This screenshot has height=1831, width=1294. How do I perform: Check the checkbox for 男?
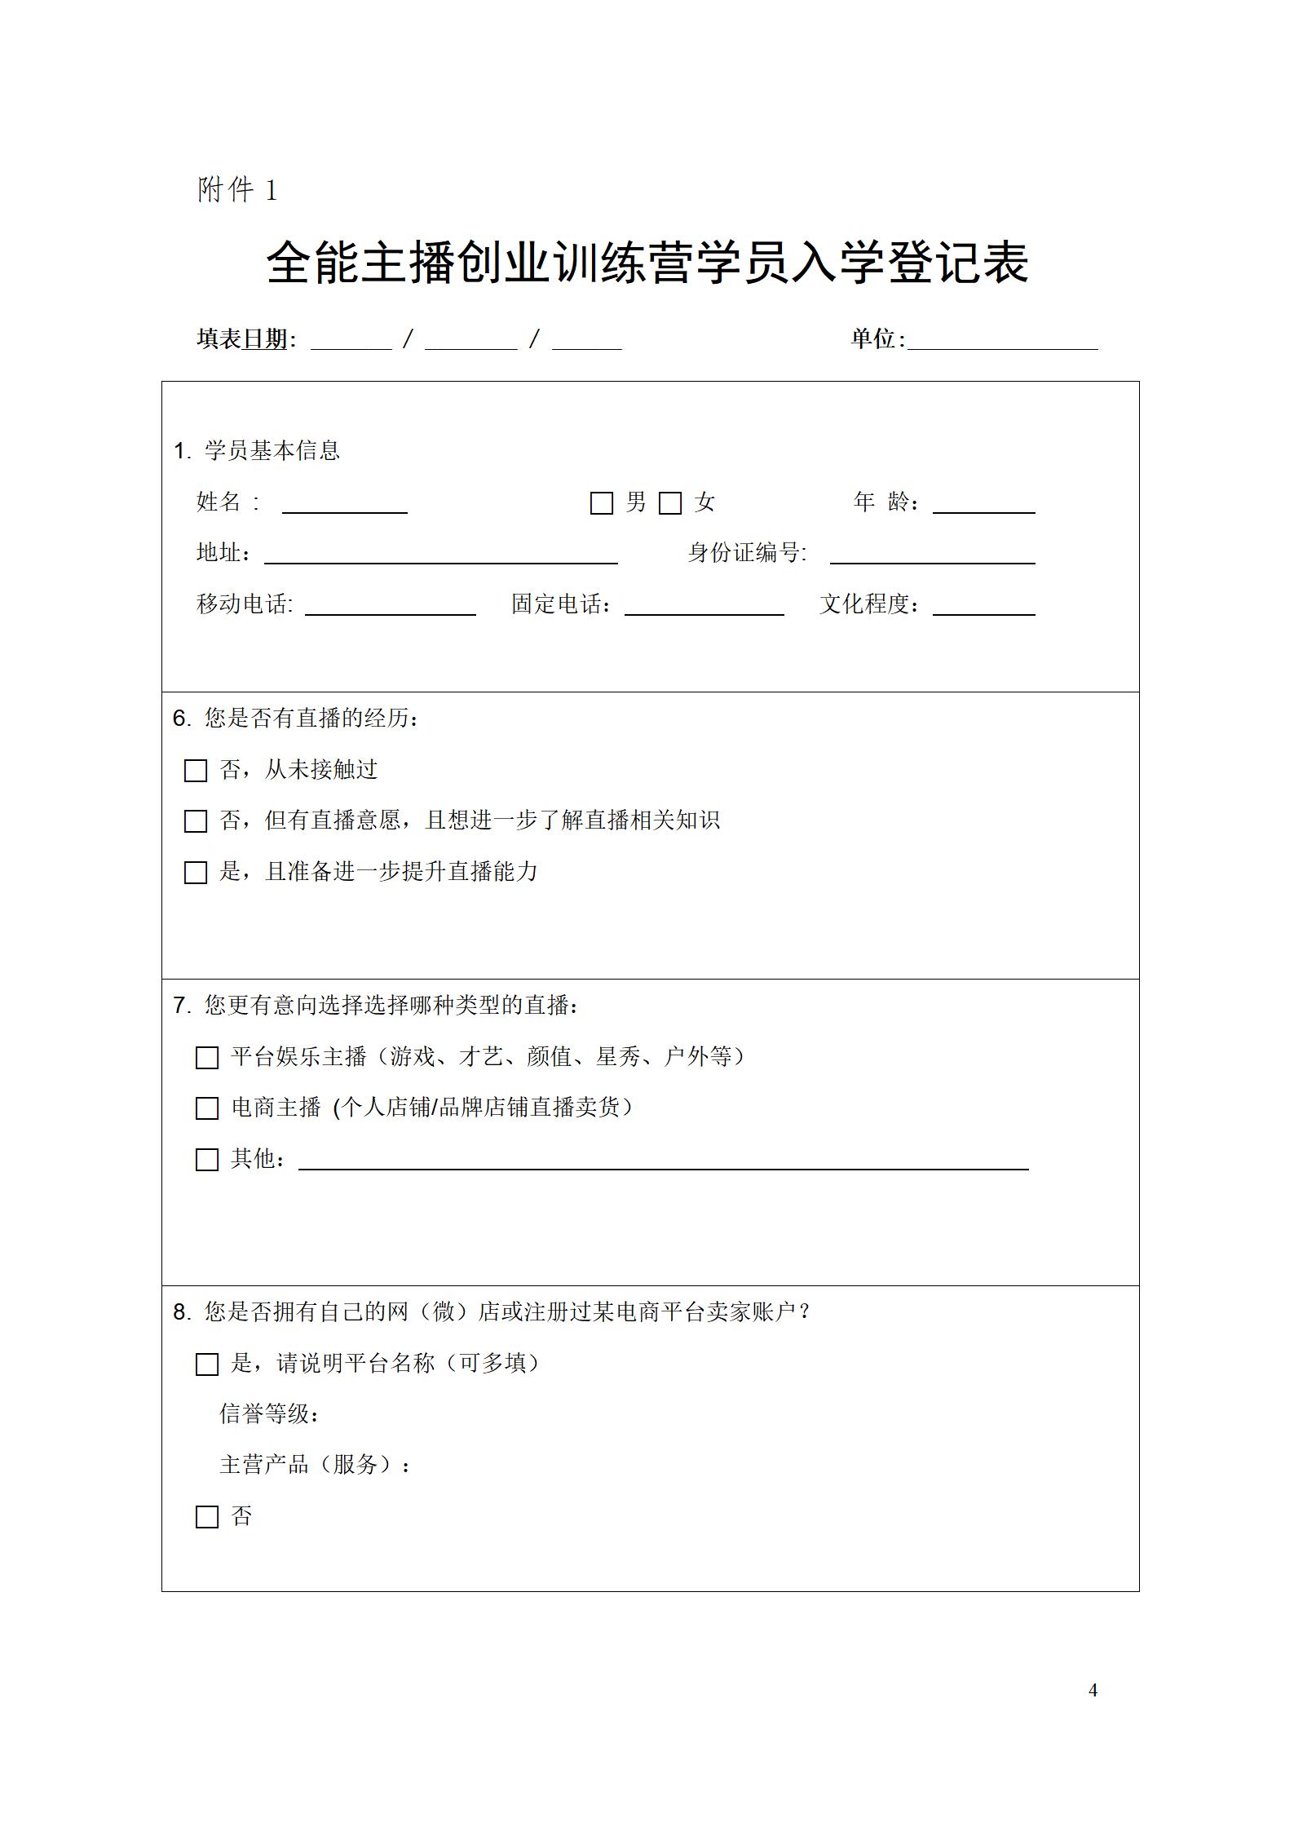(601, 503)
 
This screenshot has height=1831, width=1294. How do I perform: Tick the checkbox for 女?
(670, 503)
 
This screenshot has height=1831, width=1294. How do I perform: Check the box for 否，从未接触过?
(196, 771)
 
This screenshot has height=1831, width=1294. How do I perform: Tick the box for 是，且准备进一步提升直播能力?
(196, 873)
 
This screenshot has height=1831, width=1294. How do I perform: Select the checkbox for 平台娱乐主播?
(207, 1058)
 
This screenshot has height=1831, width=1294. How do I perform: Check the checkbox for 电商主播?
(207, 1108)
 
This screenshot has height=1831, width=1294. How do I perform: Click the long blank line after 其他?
(662, 1162)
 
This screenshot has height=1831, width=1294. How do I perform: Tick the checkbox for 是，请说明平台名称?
(207, 1364)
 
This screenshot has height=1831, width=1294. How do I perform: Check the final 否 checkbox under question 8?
(207, 1517)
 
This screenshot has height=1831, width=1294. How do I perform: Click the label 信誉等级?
(269, 1414)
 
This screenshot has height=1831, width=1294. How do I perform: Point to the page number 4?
(1093, 1690)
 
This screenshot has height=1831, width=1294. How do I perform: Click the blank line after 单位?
(1003, 343)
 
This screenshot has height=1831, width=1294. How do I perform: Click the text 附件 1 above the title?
(237, 190)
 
